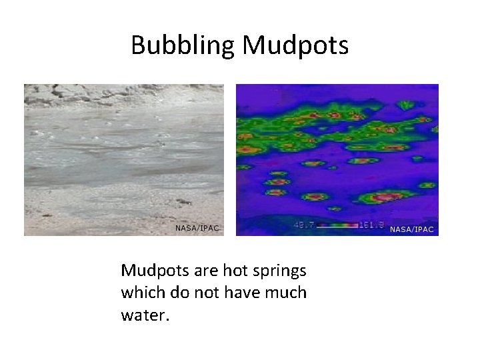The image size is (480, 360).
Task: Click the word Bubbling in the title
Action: pyautogui.click(x=183, y=45)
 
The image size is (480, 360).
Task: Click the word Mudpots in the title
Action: pyautogui.click(x=295, y=45)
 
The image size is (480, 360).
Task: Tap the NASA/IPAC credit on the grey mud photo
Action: pyautogui.click(x=197, y=228)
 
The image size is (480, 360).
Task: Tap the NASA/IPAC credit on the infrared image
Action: pyautogui.click(x=411, y=229)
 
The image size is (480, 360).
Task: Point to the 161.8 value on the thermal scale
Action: pyautogui.click(x=371, y=226)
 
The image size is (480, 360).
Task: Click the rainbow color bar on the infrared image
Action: pyautogui.click(x=337, y=226)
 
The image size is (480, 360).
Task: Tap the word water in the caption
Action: pyautogui.click(x=145, y=313)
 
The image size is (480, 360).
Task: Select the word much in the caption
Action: pyautogui.click(x=288, y=292)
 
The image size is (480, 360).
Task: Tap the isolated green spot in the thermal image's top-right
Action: pyautogui.click(x=405, y=105)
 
